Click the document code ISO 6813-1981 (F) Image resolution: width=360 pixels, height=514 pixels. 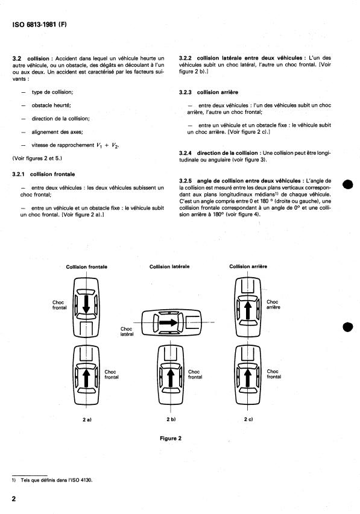coord(39,25)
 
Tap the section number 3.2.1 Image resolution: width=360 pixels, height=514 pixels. coord(18,174)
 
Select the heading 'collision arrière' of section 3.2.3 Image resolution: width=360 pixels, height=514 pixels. coord(218,92)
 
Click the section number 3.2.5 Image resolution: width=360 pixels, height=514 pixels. coord(185,181)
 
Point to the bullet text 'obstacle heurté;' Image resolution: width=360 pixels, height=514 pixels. coord(51,105)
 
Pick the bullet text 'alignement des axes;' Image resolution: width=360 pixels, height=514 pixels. coord(57,132)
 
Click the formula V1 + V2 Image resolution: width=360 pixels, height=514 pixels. coord(108,146)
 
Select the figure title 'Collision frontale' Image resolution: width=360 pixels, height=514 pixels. coord(87,267)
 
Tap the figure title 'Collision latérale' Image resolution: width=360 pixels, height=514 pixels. coord(169,267)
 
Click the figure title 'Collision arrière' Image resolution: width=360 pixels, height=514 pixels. coord(248,266)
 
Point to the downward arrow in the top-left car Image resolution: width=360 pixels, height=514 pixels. coord(86,304)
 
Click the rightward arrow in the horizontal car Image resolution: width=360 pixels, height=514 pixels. coord(168,322)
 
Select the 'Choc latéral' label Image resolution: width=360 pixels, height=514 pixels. coord(127,331)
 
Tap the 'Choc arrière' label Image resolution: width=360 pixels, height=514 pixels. coord(273,304)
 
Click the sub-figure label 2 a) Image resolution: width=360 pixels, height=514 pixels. coord(87,419)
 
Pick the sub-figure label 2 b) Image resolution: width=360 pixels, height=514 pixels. coord(171,419)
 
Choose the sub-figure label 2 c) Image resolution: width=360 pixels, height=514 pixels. coord(248,419)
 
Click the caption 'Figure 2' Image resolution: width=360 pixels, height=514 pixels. coord(171,439)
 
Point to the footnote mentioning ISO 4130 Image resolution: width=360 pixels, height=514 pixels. coord(52,480)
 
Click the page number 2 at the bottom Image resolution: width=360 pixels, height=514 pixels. coord(14,499)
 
